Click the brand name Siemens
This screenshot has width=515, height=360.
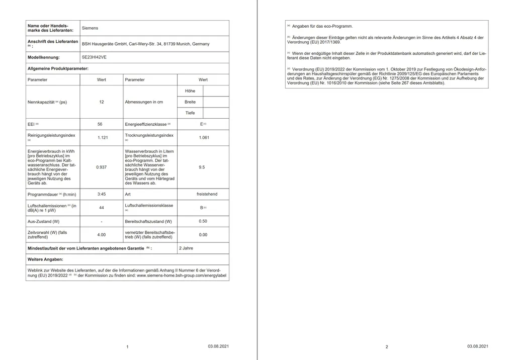pyautogui.click(x=90, y=28)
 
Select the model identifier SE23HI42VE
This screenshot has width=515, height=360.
pyautogui.click(x=94, y=57)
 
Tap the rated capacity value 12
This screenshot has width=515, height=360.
pyautogui.click(x=102, y=102)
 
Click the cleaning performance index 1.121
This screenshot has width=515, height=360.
pyautogui.click(x=102, y=137)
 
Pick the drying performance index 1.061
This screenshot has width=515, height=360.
pyautogui.click(x=204, y=137)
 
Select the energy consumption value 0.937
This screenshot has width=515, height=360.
pyautogui.click(x=102, y=167)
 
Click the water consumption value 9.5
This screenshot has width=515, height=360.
pyautogui.click(x=202, y=167)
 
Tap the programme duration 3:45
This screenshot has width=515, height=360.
pyautogui.click(x=102, y=194)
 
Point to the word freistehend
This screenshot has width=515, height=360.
pyautogui.click(x=207, y=194)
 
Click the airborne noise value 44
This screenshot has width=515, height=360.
pyautogui.click(x=102, y=208)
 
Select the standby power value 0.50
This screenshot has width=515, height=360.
pyautogui.click(x=203, y=221)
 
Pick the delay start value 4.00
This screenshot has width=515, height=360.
pyautogui.click(x=102, y=234)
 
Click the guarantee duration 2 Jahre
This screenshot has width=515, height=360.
pyautogui.click(x=186, y=248)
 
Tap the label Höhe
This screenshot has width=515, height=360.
pyautogui.click(x=190, y=91)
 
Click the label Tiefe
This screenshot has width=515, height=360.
pyautogui.click(x=190, y=113)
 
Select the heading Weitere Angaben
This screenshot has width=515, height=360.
pyautogui.click(x=45, y=259)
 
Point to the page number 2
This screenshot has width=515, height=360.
pyautogui.click(x=387, y=347)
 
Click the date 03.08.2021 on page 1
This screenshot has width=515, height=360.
pyautogui.click(x=219, y=346)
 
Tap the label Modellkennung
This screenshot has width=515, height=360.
pyautogui.click(x=44, y=57)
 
